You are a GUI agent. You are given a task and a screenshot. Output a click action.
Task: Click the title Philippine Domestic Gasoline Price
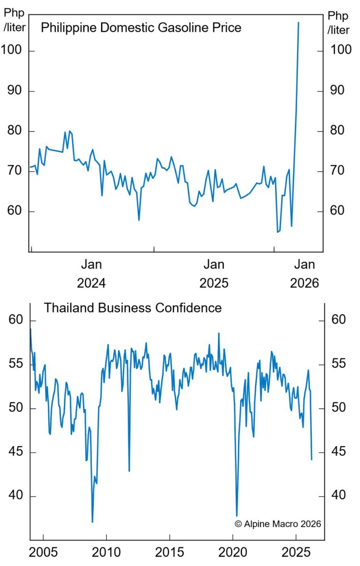[141, 28]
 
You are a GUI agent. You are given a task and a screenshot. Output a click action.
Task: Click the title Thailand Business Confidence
[133, 308]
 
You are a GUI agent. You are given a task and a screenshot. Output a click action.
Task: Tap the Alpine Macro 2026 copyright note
[278, 524]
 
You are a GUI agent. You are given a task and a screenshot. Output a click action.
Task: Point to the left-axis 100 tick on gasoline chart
[15, 51]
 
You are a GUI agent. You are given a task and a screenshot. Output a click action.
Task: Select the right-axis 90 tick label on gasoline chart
[341, 90]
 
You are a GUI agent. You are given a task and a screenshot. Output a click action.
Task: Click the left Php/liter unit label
[15, 21]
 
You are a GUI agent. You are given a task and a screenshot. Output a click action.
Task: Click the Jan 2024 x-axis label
[91, 274]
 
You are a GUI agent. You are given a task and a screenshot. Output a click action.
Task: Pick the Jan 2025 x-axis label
[214, 274]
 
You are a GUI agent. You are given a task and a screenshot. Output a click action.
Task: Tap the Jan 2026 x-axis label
[304, 274]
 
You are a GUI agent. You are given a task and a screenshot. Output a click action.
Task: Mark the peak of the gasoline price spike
[298, 22]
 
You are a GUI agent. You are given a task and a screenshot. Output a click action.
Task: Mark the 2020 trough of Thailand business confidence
[237, 516]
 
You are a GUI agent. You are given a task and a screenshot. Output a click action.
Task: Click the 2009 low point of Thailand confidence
[92, 521]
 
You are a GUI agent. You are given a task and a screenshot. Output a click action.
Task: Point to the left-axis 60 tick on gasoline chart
[15, 211]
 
